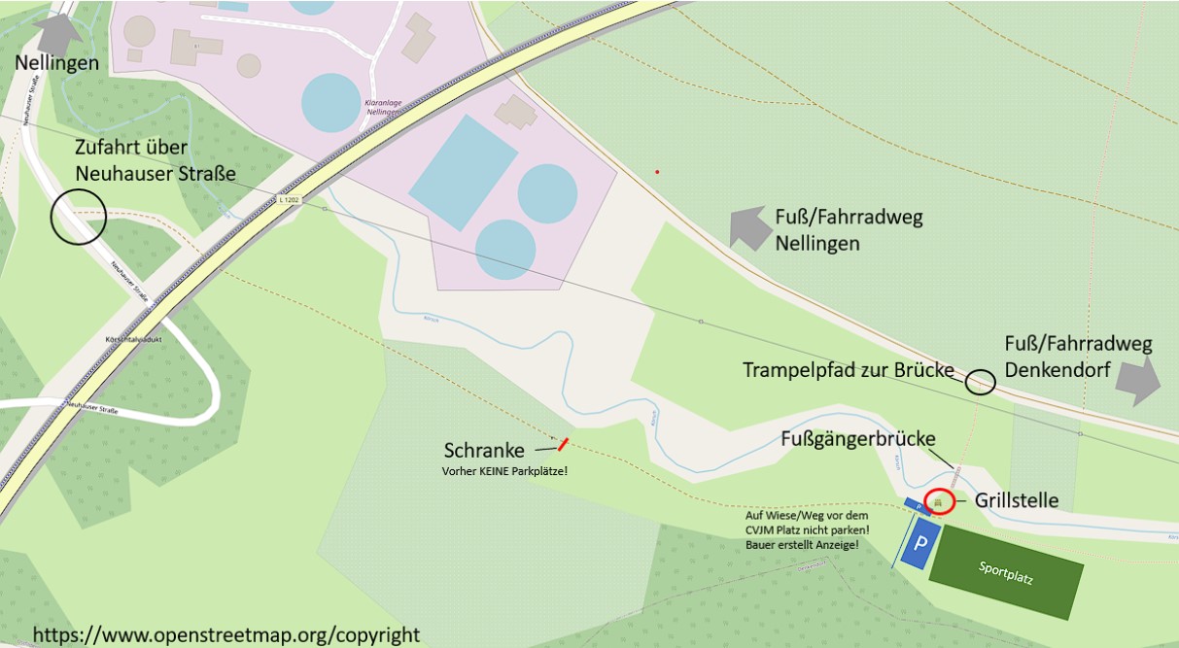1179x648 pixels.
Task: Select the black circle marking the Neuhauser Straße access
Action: pos(78,217)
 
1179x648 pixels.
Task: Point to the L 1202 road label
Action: pos(289,200)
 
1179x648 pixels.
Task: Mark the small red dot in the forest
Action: pos(657,172)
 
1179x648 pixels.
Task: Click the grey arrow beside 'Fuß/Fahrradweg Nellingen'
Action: pos(748,228)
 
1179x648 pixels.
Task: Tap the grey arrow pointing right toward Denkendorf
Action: pos(1137,381)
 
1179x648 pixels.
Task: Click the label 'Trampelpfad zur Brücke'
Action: pos(849,370)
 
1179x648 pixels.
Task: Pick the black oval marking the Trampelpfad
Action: pos(981,382)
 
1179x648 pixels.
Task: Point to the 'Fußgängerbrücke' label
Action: pos(858,439)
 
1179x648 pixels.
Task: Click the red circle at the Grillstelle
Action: pos(939,501)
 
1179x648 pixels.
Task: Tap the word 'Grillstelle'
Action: pos(1017,501)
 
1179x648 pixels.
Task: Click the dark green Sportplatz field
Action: pos(1006,572)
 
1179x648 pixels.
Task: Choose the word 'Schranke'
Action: pos(484,451)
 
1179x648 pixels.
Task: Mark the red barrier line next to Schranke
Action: pos(563,445)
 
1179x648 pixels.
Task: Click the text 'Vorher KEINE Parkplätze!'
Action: pos(504,471)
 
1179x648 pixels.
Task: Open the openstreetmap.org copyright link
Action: pos(226,635)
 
